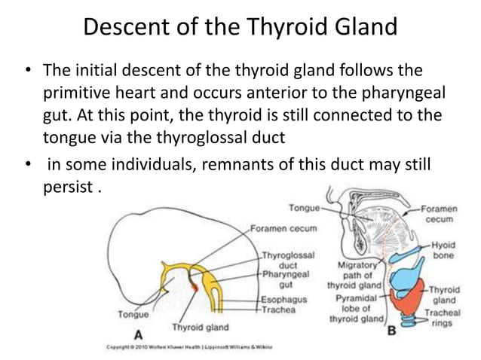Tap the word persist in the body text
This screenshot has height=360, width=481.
(66, 185)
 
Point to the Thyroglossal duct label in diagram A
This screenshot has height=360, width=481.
(288, 261)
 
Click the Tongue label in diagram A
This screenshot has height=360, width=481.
(133, 314)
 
